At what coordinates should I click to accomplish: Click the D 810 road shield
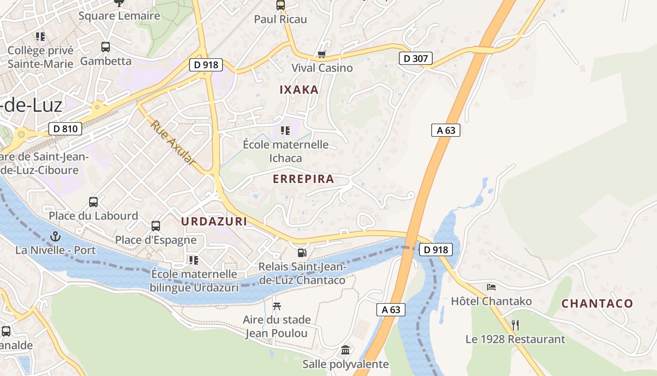pyautogui.click(x=65, y=128)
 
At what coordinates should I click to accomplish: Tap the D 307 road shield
pyautogui.click(x=415, y=59)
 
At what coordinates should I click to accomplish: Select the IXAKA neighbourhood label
pyautogui.click(x=299, y=90)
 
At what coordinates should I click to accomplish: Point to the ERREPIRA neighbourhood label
pyautogui.click(x=303, y=179)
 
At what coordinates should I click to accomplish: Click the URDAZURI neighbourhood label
pyautogui.click(x=214, y=221)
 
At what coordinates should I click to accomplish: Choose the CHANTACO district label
pyautogui.click(x=597, y=304)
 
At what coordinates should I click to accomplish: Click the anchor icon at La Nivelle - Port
pyautogui.click(x=56, y=236)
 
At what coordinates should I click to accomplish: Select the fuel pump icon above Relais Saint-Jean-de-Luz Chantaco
pyautogui.click(x=302, y=253)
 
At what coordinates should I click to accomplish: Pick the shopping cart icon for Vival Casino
pyautogui.click(x=321, y=55)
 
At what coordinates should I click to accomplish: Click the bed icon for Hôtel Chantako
pyautogui.click(x=491, y=287)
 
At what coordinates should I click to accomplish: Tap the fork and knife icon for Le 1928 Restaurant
pyautogui.click(x=515, y=325)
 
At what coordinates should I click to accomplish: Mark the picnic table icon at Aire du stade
pyautogui.click(x=277, y=306)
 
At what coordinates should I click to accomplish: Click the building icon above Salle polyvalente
pyautogui.click(x=345, y=350)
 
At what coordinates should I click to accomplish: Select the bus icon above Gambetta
pyautogui.click(x=106, y=47)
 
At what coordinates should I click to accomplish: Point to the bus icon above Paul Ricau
pyautogui.click(x=280, y=5)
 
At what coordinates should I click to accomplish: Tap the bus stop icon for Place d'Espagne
pyautogui.click(x=156, y=226)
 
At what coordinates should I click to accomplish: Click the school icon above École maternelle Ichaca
pyautogui.click(x=285, y=130)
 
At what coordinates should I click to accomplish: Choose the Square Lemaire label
pyautogui.click(x=119, y=16)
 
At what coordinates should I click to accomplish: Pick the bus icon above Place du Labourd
pyautogui.click(x=93, y=202)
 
